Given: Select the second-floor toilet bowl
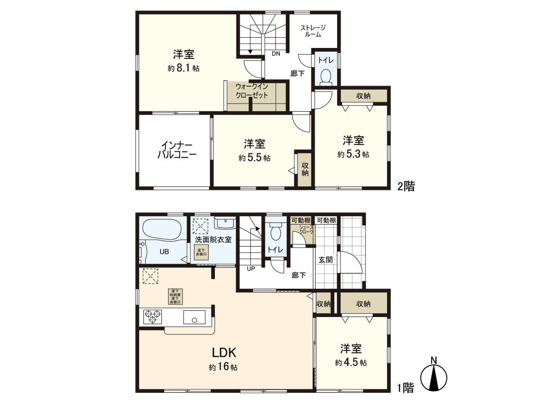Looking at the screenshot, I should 327,76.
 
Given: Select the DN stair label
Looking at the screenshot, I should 275,54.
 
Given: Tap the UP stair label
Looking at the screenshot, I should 250,268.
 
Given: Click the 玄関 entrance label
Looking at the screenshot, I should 326,259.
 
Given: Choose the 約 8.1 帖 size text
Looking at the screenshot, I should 184,69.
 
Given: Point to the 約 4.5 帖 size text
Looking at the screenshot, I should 350,363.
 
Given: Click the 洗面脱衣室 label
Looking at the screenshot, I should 213,239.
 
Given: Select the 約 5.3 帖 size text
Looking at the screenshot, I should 353,154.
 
